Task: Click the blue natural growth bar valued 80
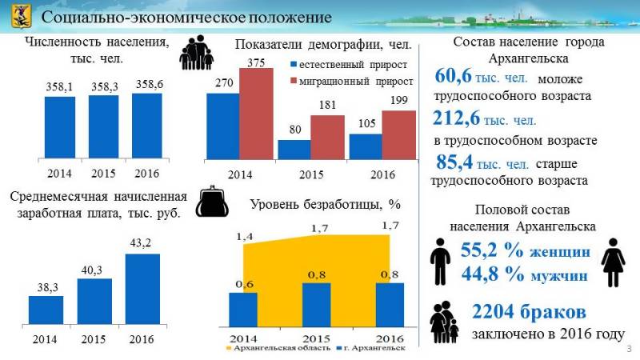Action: (294, 150)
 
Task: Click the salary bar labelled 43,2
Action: (142, 288)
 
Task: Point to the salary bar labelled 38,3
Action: (46, 309)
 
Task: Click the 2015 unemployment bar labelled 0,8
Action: (317, 304)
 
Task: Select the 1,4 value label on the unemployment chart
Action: (245, 238)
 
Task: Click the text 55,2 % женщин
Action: (526, 251)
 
